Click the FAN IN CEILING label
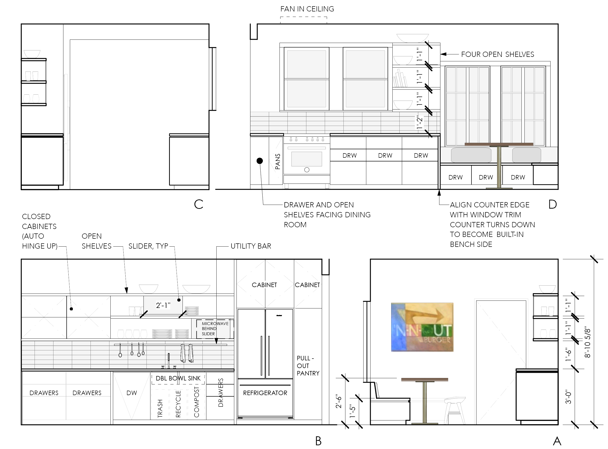[307, 9]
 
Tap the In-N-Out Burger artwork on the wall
[422, 327]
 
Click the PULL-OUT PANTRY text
[308, 366]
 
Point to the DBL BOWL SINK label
[178, 378]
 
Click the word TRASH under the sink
[160, 408]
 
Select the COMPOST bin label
[196, 402]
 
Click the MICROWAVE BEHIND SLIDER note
[215, 329]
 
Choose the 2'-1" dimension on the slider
[163, 305]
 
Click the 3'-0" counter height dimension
[568, 398]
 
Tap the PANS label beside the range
[277, 161]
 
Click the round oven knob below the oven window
[307, 170]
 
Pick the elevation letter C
[199, 204]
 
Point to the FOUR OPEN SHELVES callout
[498, 54]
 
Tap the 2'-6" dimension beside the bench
[338, 401]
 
